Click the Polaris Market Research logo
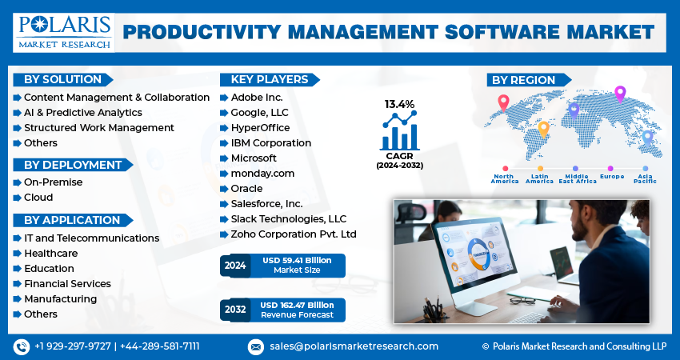pyautogui.click(x=63, y=30)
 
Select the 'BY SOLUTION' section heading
pyautogui.click(x=62, y=79)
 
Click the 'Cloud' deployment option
pyautogui.click(x=38, y=197)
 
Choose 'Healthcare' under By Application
pyautogui.click(x=51, y=253)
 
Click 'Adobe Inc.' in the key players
pyautogui.click(x=257, y=97)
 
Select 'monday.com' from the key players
pyautogui.click(x=262, y=173)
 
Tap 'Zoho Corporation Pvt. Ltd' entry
pyautogui.click(x=294, y=234)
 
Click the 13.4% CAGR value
pyautogui.click(x=399, y=104)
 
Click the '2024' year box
pyautogui.click(x=236, y=265)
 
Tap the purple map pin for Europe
pyautogui.click(x=619, y=94)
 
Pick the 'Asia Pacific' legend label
pyautogui.click(x=645, y=178)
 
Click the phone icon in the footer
pyautogui.click(x=21, y=346)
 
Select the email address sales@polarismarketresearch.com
pyautogui.click(x=353, y=346)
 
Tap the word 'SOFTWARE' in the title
pyautogui.click(x=477, y=32)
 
